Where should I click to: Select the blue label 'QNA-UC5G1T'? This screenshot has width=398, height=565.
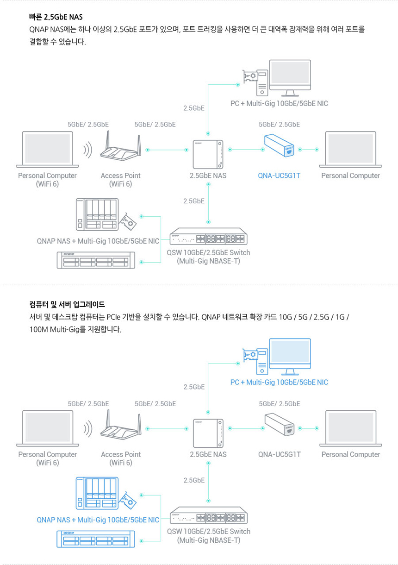[279, 176]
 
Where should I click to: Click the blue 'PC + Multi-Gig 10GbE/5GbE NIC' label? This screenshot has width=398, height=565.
[279, 383]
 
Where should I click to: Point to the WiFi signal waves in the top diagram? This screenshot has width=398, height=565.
[87, 150]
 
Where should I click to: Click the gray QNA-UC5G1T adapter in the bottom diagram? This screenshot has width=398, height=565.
[280, 425]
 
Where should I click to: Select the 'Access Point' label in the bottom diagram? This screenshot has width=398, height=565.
[120, 455]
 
